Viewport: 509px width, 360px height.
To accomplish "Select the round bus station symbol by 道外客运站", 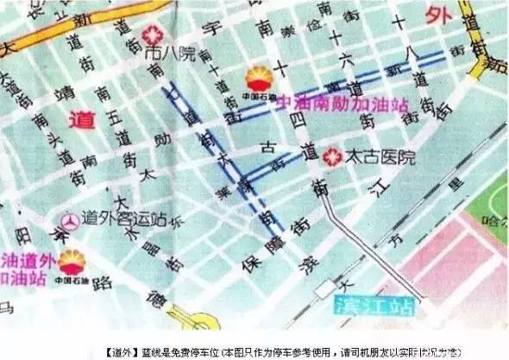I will (68, 222).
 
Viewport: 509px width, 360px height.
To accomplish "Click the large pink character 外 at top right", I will (438, 15).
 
